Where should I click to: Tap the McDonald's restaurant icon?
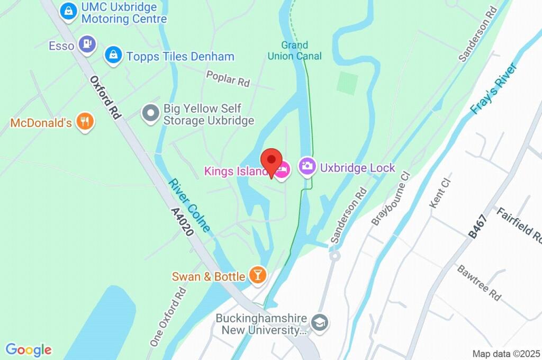85,122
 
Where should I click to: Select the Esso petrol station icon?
87,45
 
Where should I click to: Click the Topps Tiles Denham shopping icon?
113,55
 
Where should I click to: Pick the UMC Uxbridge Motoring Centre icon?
68,12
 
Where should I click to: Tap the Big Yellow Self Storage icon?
151,114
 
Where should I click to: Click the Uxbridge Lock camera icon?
308,167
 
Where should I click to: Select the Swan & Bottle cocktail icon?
258,276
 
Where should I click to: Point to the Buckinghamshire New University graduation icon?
320,322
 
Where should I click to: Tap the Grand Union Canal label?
295,51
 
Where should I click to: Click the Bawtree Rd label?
479,283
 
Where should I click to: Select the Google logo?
29,350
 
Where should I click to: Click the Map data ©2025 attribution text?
505,353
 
